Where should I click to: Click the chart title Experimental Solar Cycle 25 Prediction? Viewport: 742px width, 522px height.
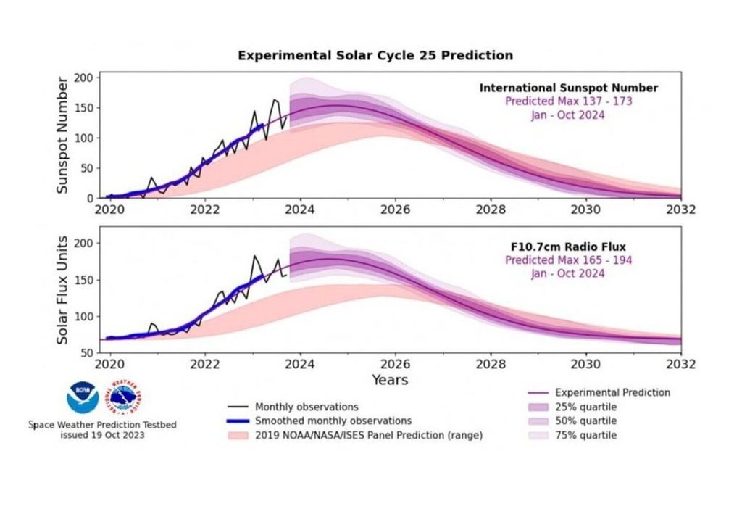(375, 55)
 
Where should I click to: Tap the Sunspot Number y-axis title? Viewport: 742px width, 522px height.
(62, 135)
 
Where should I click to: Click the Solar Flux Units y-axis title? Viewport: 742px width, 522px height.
(62, 290)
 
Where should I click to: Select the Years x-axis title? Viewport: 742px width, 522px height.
(390, 380)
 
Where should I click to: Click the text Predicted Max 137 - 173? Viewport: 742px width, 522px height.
(568, 101)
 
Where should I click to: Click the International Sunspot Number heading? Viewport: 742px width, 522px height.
(568, 88)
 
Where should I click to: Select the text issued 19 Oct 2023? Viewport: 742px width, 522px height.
(102, 435)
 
